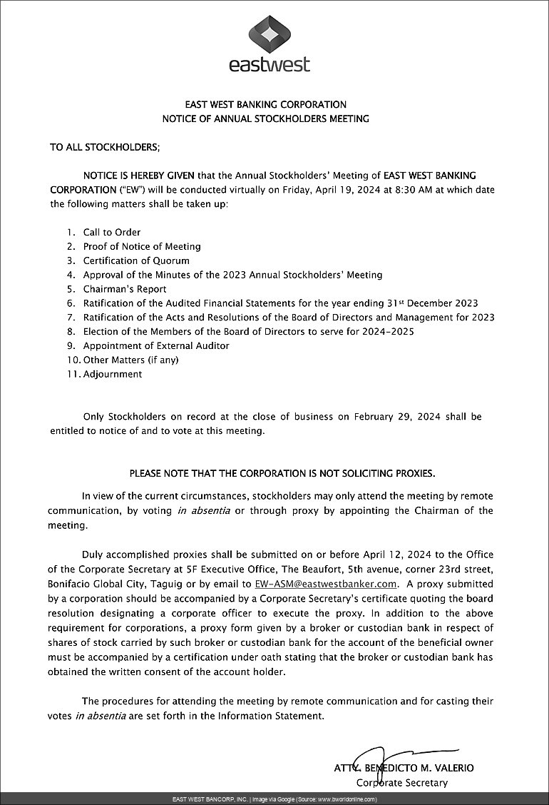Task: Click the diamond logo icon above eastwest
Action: (x=269, y=33)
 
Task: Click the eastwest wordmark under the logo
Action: (x=270, y=64)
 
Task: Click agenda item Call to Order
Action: (x=112, y=232)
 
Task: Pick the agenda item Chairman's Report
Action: (x=125, y=289)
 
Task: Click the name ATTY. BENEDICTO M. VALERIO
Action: (x=404, y=768)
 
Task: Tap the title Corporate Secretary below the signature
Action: (x=402, y=782)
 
